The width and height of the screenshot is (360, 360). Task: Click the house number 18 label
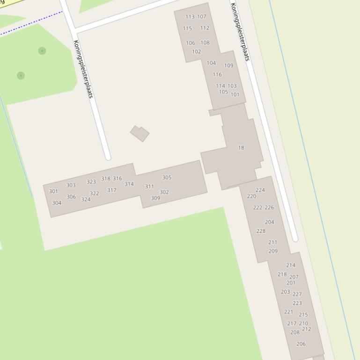click(x=241, y=148)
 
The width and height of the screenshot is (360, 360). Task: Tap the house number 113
click(x=190, y=17)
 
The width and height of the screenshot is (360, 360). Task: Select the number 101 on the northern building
click(x=235, y=94)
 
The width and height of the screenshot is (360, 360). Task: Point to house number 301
click(x=53, y=191)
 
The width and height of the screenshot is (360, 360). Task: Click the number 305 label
click(x=167, y=178)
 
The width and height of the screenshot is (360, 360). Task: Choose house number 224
click(x=260, y=190)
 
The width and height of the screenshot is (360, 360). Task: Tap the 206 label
click(x=301, y=344)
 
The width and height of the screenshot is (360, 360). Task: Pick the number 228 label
click(x=261, y=231)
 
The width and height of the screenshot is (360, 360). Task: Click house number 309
click(x=155, y=198)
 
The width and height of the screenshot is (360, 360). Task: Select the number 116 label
click(x=217, y=75)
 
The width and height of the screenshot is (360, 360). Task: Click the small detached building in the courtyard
click(x=140, y=133)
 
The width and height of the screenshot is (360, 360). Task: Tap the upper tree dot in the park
click(x=42, y=50)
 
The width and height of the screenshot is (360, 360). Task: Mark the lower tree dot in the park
click(x=21, y=75)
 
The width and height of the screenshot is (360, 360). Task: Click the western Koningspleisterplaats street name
click(x=84, y=69)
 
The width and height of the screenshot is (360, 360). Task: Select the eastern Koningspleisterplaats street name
click(x=240, y=32)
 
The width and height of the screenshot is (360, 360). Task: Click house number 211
click(x=272, y=242)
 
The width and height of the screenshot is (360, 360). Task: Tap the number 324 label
click(x=86, y=200)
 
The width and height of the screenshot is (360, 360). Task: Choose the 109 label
click(x=228, y=66)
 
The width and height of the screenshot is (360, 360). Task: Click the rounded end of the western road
click(x=108, y=157)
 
